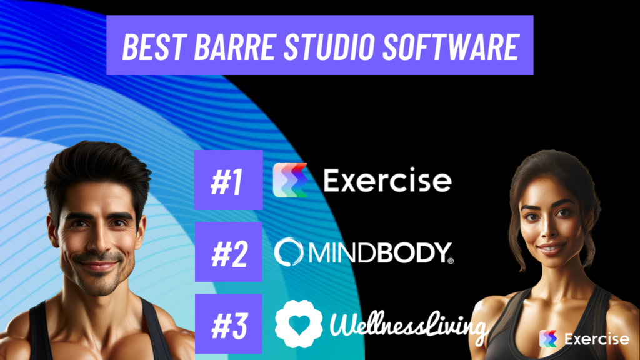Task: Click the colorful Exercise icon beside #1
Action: pyautogui.click(x=291, y=180)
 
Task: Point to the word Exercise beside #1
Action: pyautogui.click(x=387, y=181)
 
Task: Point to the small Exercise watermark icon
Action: pyautogui.click(x=548, y=339)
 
